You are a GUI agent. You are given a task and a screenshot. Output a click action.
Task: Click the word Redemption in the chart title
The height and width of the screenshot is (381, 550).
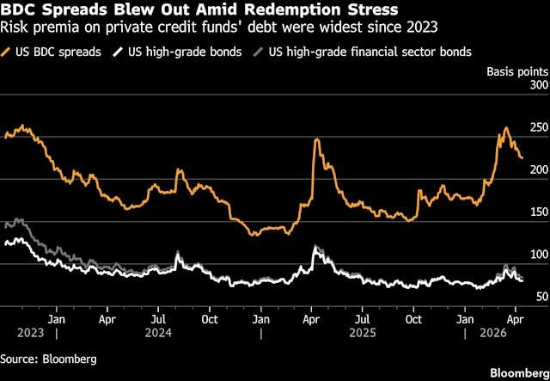pyautogui.click(x=284, y=12)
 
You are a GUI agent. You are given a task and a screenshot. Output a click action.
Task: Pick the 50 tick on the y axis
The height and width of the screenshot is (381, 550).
pyautogui.click(x=540, y=297)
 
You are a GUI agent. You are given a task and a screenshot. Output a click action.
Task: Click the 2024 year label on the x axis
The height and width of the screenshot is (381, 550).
pyautogui.click(x=159, y=329)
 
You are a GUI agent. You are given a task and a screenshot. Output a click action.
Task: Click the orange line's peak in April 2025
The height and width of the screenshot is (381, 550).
pyautogui.click(x=317, y=139)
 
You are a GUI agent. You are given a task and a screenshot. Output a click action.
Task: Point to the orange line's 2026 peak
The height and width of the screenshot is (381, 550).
pyautogui.click(x=505, y=128)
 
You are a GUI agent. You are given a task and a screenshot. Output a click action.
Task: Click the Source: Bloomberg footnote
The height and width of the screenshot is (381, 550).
pyautogui.click(x=49, y=358)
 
